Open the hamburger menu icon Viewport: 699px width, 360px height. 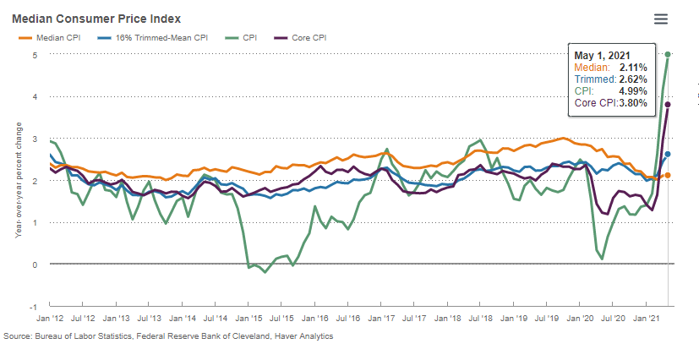pos(661,19)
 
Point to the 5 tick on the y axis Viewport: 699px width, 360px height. pos(35,55)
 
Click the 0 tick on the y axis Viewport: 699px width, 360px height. pos(35,265)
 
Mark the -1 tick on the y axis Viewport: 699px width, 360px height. pos(35,307)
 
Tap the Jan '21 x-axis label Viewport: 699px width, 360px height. pos(647,320)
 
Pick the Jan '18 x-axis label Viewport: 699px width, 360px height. pos(448,320)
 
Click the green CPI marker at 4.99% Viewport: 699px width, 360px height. pos(668,54)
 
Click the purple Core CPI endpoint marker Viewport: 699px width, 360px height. pos(668,105)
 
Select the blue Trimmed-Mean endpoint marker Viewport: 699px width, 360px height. pos(668,154)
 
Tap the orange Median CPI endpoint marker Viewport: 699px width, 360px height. pos(668,176)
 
